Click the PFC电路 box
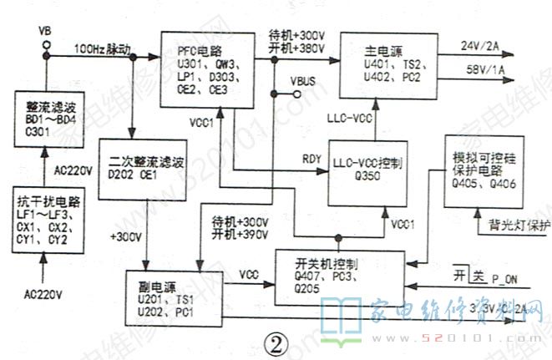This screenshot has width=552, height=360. pyautogui.click(x=207, y=69)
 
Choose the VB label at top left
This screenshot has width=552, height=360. pyautogui.click(x=45, y=31)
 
